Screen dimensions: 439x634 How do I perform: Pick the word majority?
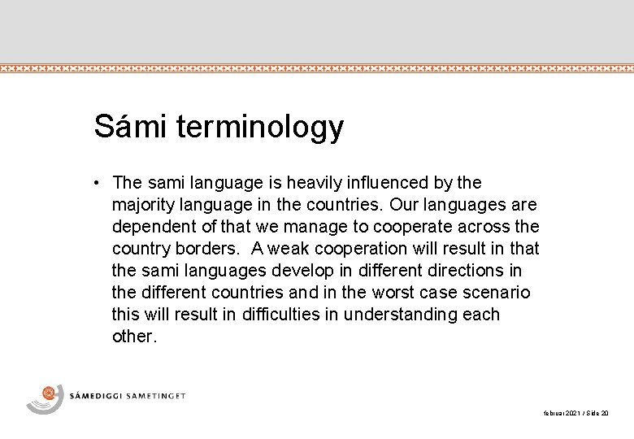tap(141, 203)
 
